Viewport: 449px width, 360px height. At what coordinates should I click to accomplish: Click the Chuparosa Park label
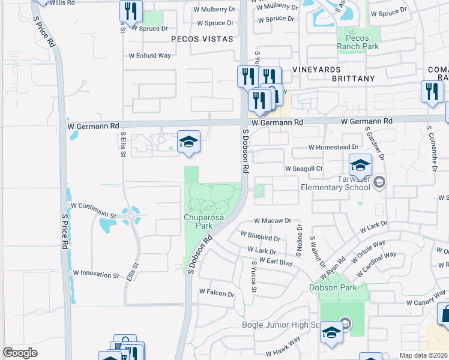tap(199, 221)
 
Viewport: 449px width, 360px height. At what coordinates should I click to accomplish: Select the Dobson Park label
tap(333, 287)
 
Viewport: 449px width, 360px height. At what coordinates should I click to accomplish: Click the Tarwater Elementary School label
tap(335, 182)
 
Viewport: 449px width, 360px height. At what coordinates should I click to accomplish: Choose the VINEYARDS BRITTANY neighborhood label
tap(333, 74)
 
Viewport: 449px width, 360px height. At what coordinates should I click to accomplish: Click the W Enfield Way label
tap(149, 56)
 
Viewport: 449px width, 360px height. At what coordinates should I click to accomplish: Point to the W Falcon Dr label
tap(216, 293)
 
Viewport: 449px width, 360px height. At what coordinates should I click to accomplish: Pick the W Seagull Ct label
tap(304, 169)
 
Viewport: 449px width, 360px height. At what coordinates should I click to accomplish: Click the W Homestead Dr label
tap(333, 147)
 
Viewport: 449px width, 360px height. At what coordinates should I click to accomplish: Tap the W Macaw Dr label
tap(272, 221)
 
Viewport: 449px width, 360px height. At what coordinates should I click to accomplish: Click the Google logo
tap(20, 353)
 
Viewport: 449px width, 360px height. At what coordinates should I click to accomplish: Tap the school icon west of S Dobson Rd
tap(188, 142)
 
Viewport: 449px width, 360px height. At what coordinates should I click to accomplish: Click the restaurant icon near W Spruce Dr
tap(130, 10)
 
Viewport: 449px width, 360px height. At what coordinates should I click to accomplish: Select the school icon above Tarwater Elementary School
tap(360, 164)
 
